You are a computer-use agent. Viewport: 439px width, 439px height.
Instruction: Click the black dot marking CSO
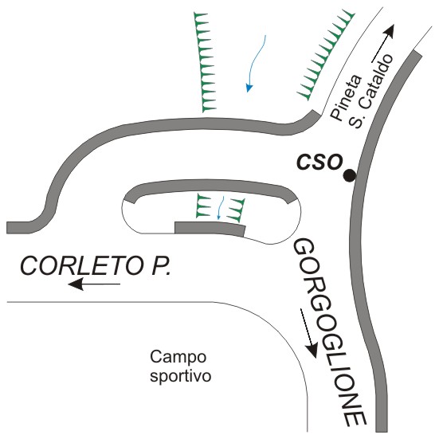pos(350,176)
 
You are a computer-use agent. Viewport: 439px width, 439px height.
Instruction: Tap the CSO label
pos(319,162)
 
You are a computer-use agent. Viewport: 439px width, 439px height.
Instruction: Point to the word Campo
pos(178,357)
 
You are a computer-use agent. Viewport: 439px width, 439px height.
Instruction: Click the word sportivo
pos(181,377)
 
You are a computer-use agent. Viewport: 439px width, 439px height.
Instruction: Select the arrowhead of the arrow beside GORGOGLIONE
pos(312,350)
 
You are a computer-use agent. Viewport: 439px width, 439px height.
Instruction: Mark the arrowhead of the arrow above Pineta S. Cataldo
pos(390,31)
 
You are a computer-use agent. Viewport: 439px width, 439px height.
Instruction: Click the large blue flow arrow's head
pos(249,88)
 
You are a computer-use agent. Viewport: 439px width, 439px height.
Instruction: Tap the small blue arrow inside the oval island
pos(220,208)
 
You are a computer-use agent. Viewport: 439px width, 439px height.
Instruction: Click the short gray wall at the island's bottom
pos(210,228)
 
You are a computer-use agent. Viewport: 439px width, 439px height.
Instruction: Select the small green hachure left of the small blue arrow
pos(202,206)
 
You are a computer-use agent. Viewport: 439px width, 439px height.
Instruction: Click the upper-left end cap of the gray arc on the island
pos(130,198)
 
